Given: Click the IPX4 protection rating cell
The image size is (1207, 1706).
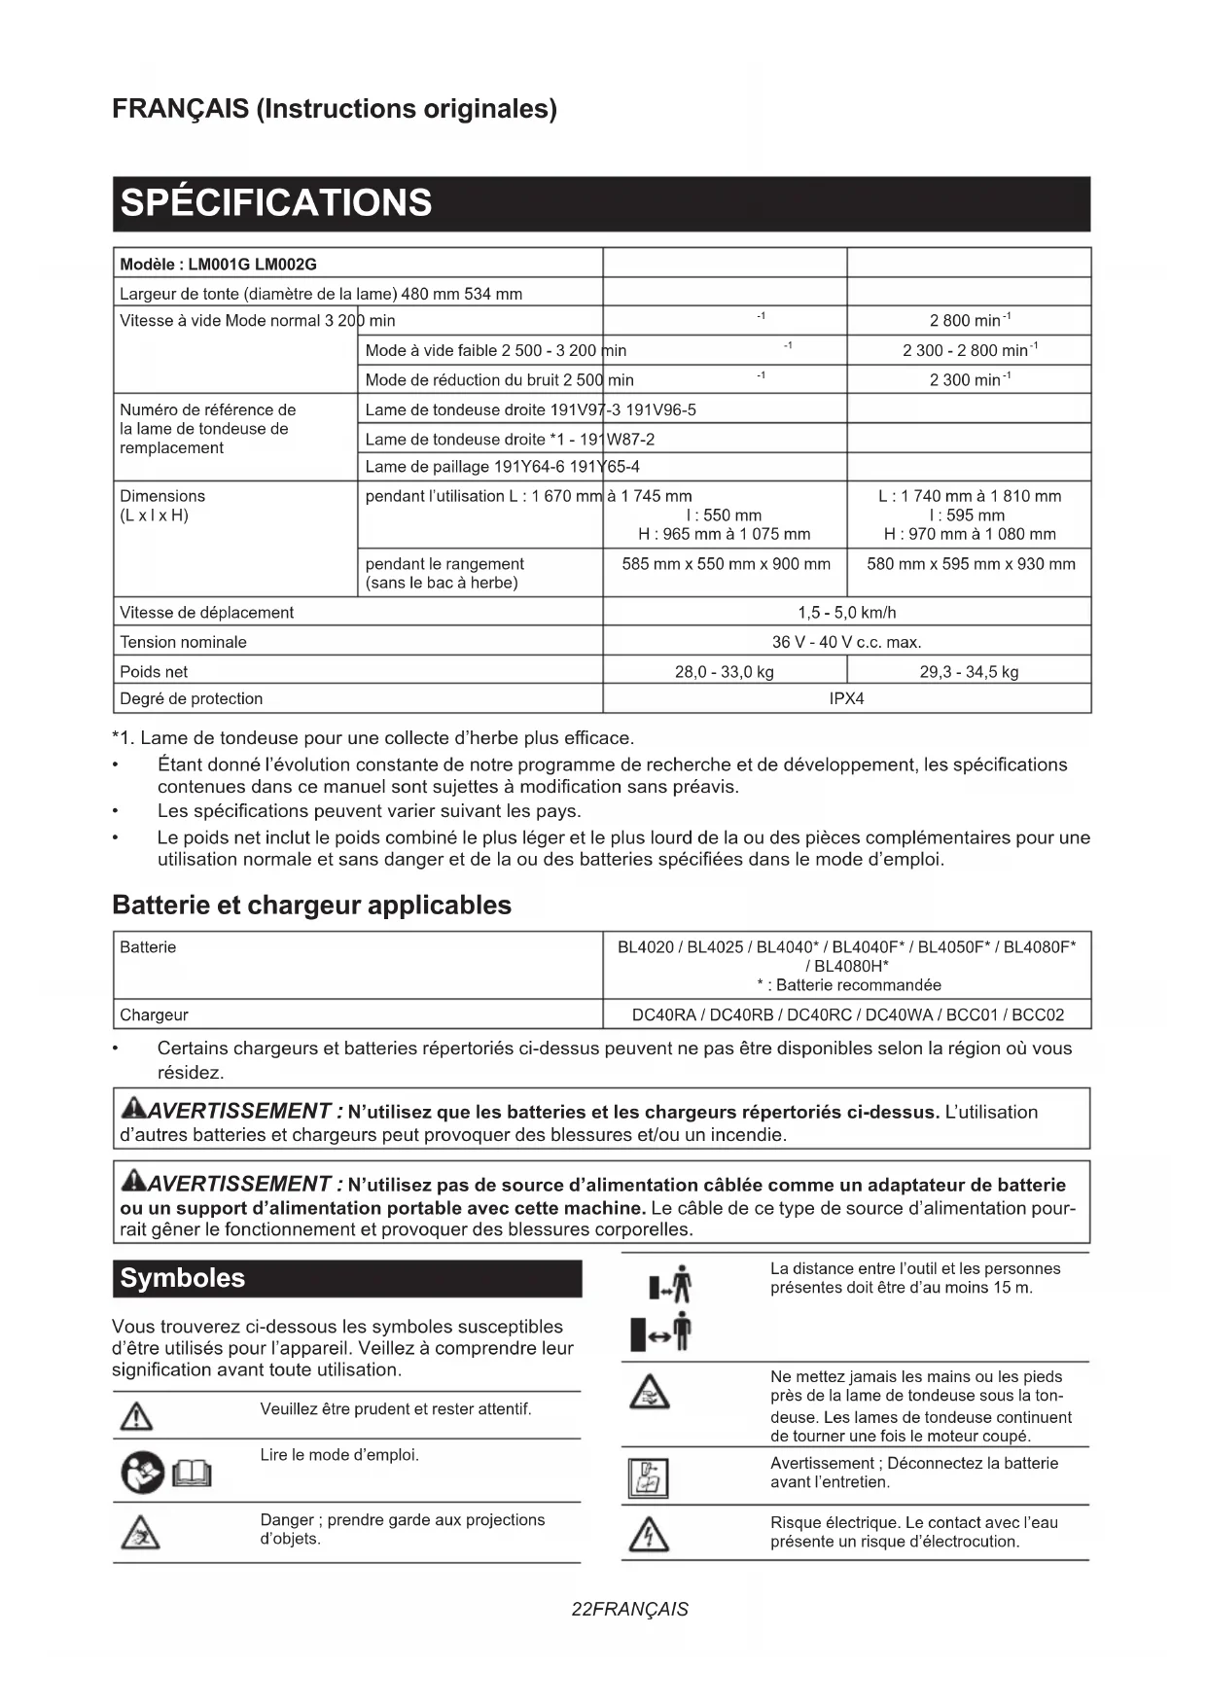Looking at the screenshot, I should click(846, 698).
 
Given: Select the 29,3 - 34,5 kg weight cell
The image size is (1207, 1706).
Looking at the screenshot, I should click(969, 671).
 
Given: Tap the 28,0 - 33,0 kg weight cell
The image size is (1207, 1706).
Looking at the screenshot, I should click(724, 671).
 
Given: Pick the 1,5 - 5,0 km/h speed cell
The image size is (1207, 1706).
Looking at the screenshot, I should click(846, 612).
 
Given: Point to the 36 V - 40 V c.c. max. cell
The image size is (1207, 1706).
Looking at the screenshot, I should click(846, 642).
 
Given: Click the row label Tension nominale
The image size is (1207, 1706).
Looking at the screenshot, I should click(183, 642).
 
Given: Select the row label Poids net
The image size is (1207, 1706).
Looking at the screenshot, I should click(154, 671).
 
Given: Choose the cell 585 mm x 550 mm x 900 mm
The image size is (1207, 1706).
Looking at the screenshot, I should click(726, 564).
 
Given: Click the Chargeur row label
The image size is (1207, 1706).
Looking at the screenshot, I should click(154, 1014).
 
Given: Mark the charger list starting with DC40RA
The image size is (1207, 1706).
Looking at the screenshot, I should click(847, 1014).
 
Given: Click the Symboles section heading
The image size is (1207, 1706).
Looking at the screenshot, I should click(183, 1278).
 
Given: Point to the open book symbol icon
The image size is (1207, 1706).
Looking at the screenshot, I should click(192, 1475).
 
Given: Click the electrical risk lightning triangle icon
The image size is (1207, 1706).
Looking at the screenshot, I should click(649, 1534).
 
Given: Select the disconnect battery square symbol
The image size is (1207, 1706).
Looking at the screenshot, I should click(648, 1478).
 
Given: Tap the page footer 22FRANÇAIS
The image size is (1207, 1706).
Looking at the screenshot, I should click(629, 1609).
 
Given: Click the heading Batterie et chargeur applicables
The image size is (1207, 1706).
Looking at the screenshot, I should click(311, 905).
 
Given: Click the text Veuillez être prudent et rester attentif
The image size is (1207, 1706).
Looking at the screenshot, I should click(396, 1408).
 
